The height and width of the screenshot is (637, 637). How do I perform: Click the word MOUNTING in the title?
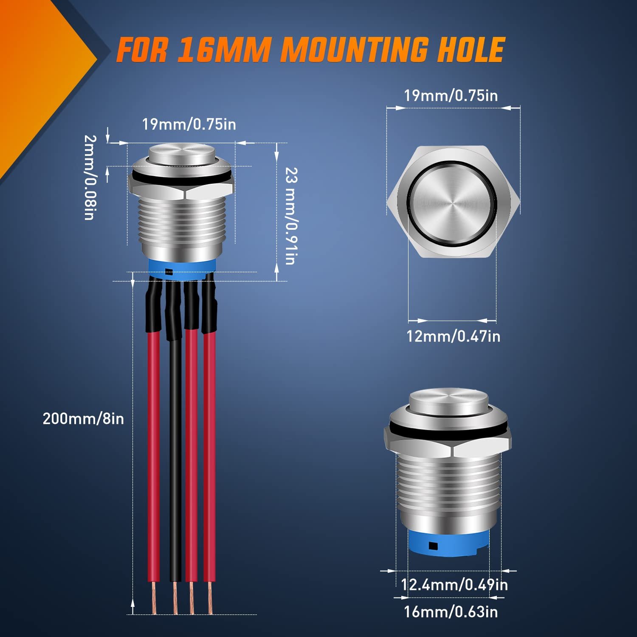point(355,50)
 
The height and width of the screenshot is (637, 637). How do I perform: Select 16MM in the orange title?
point(223,50)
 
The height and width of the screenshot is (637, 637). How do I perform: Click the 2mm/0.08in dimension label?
point(90,177)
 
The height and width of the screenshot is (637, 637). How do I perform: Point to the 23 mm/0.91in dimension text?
point(291,215)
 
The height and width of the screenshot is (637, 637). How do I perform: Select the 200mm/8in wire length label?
point(83,419)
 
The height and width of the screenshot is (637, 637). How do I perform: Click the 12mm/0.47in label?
point(453,336)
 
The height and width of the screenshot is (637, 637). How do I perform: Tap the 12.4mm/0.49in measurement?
point(454,585)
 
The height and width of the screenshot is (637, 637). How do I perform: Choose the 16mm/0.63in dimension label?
point(451,612)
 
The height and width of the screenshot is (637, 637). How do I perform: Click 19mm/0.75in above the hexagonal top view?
point(451,95)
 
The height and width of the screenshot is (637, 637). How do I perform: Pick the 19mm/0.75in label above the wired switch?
point(189,124)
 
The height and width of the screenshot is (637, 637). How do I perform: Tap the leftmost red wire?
point(153,446)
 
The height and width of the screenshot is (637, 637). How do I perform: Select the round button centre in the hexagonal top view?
point(452,203)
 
